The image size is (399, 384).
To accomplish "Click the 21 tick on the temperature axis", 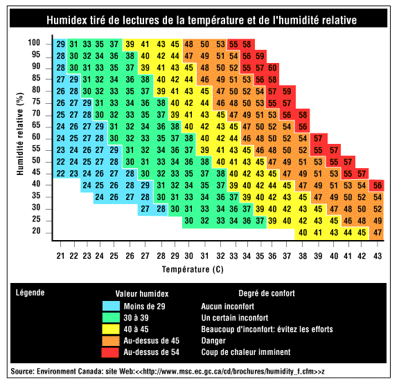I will click(61, 256).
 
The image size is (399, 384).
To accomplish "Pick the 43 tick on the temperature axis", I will click(377, 256).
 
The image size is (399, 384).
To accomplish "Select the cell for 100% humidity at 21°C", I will click(61, 44).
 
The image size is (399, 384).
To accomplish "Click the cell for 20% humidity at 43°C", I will click(378, 232).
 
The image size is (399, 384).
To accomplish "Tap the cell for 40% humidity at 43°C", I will click(378, 185).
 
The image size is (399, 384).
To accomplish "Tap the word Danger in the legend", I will click(214, 340).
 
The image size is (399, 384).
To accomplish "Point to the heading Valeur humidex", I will click(142, 293).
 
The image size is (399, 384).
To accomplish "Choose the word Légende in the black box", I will click(30, 293).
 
